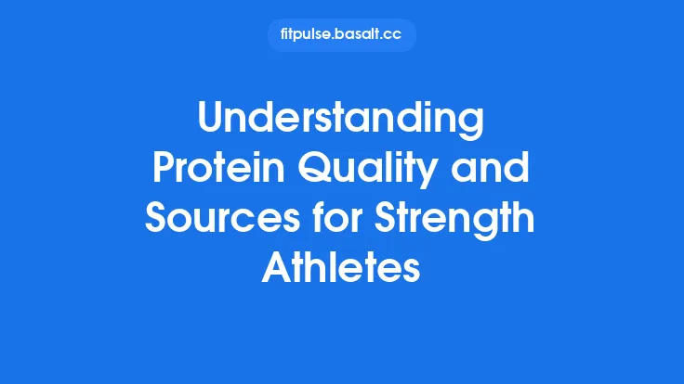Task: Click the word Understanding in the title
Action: (341, 122)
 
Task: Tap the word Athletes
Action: (341, 270)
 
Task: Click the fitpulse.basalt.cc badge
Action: (341, 35)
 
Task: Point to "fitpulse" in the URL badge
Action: (303, 35)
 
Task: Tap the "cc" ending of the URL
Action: (395, 35)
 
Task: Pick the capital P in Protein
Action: (161, 172)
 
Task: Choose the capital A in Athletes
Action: (273, 270)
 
